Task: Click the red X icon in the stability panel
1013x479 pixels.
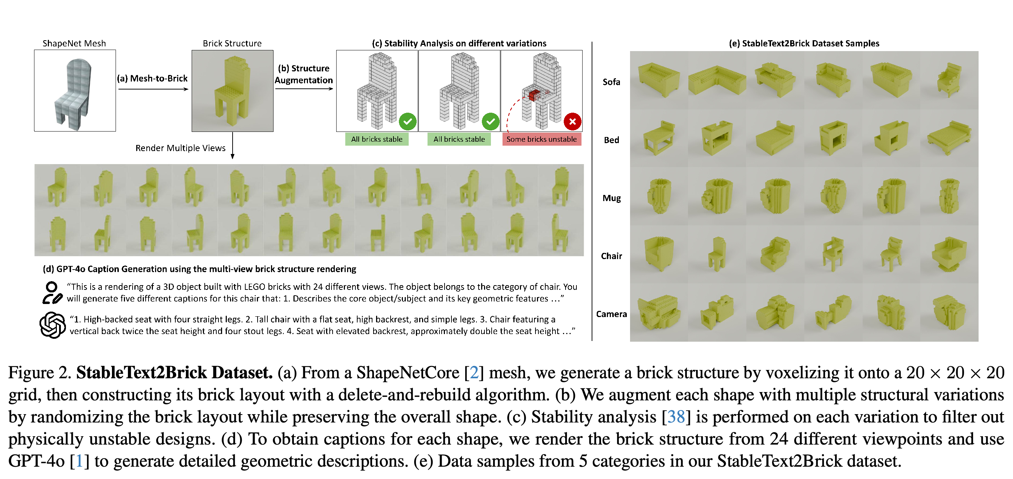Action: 572,121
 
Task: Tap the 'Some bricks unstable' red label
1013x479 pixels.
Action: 542,139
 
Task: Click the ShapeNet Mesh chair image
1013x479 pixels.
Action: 75,91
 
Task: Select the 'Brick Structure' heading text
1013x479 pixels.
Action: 232,43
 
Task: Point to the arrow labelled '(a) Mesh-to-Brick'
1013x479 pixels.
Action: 153,89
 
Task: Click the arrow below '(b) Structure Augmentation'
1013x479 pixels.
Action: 304,89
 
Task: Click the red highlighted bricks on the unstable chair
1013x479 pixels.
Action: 534,95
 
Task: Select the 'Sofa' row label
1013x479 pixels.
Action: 611,82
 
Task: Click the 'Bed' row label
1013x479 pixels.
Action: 612,140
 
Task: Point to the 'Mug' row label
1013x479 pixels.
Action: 612,198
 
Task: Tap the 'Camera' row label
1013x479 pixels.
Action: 611,314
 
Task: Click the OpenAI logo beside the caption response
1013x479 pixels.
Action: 52,325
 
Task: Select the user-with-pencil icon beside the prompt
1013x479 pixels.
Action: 52,293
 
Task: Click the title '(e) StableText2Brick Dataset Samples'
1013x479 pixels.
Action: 804,43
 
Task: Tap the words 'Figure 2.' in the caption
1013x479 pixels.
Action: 40,373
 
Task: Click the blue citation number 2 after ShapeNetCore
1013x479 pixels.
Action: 474,373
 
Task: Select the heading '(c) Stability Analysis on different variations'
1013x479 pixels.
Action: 459,43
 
